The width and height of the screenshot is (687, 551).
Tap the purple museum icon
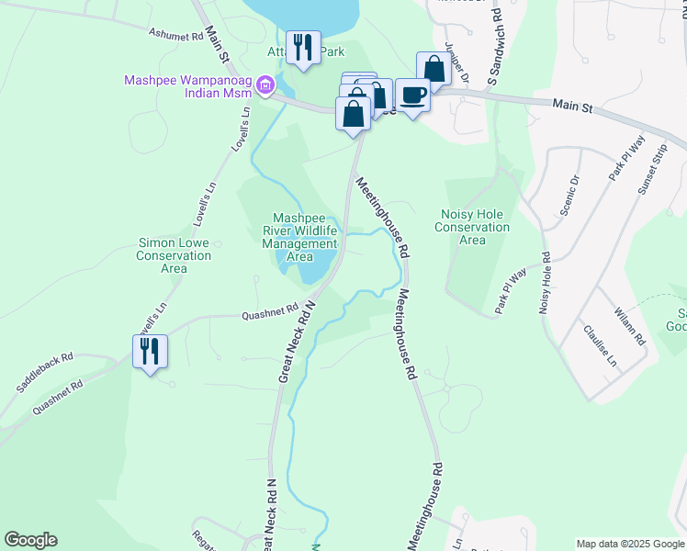point(265,87)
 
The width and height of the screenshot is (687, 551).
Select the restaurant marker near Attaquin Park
point(303,48)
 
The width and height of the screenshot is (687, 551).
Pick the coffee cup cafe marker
point(413,95)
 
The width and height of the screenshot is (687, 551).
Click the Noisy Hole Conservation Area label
point(472,227)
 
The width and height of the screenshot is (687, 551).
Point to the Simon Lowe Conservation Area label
point(174,255)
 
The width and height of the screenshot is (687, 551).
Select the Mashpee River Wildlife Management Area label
point(300,238)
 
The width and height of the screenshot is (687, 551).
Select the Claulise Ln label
point(598,344)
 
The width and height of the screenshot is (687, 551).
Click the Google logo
point(30,540)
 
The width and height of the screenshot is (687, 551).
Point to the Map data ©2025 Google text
point(629,544)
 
